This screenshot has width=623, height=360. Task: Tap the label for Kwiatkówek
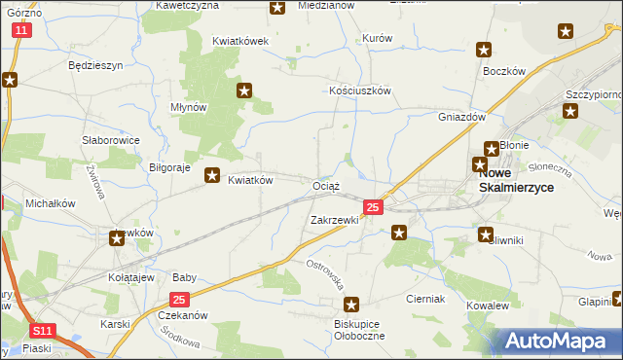(240, 42)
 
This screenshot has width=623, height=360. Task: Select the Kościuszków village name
(359, 90)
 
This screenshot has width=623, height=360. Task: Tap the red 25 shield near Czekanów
(179, 301)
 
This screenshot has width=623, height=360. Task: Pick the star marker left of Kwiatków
(211, 176)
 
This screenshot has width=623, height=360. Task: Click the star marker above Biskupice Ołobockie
(351, 305)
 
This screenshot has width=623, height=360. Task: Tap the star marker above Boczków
(484, 51)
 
